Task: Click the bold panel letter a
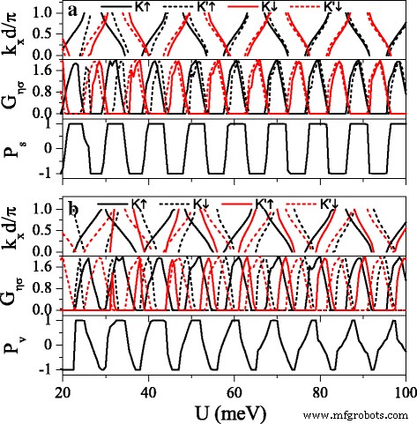click(x=70, y=12)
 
